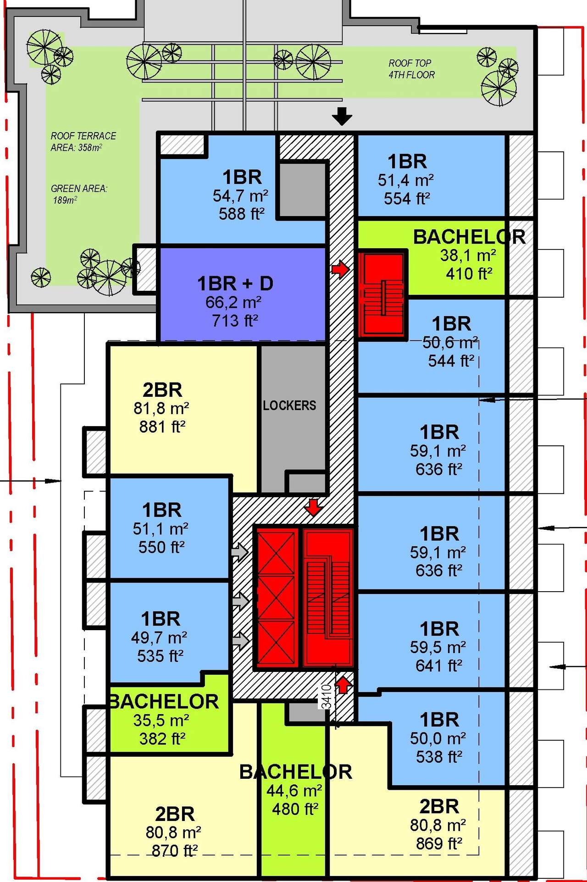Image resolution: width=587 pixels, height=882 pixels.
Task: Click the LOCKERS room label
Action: (289, 405)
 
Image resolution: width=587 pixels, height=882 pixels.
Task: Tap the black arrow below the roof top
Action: (342, 116)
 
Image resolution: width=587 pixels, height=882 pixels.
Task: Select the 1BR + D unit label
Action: (235, 284)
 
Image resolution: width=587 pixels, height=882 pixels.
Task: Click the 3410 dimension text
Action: (326, 697)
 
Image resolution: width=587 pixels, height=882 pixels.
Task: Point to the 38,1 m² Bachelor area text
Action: (468, 255)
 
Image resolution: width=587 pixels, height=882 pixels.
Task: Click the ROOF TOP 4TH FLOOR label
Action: (411, 69)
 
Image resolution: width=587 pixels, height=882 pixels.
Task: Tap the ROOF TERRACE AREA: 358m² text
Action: (83, 141)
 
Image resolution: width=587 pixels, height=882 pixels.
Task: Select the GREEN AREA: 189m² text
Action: (78, 194)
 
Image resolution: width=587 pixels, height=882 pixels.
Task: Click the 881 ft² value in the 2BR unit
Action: (162, 427)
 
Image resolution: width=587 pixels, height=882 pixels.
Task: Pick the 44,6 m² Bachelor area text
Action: (294, 791)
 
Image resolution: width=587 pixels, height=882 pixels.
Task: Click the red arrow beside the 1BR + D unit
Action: (340, 269)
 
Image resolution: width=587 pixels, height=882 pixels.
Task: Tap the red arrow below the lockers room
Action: (313, 508)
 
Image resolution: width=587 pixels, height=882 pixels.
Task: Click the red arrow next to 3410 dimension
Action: (343, 685)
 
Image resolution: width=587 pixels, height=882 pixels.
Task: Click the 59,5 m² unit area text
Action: (438, 647)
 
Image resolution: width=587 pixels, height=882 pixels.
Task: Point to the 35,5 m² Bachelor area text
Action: (161, 721)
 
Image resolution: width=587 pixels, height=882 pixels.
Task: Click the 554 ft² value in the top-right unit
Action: (406, 199)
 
